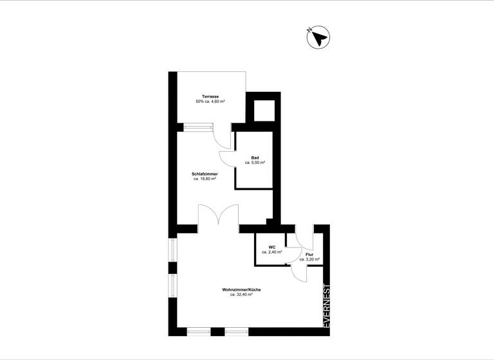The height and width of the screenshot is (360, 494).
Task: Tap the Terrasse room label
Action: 210,96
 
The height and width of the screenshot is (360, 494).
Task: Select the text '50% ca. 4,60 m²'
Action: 210,102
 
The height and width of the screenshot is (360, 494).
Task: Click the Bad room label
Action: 255,157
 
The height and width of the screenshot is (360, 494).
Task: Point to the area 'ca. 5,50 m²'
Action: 255,163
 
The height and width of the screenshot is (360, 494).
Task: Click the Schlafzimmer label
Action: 205,174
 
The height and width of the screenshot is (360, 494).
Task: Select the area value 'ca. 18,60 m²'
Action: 205,179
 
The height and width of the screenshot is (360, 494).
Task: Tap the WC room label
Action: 272,247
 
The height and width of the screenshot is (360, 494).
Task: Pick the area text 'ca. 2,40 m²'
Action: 272,252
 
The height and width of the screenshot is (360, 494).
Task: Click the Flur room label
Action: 309,255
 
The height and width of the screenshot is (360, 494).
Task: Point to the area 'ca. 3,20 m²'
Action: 309,260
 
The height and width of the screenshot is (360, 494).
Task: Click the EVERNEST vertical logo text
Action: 326,307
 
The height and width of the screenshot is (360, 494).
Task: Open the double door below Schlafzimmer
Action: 219,215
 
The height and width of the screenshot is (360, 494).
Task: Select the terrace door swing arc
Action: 223,136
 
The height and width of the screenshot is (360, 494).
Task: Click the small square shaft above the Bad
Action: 263,111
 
